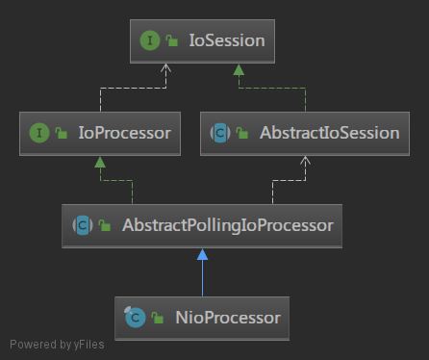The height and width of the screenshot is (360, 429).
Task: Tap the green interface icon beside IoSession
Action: pos(150,41)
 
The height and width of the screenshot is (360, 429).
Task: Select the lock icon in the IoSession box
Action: pos(170,42)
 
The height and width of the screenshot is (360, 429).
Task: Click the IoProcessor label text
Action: pos(125,133)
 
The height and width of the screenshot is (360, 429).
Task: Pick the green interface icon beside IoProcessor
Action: pos(39,133)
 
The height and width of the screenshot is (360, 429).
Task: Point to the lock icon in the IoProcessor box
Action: pos(60,134)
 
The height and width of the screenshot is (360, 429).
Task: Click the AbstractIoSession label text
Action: pos(329,133)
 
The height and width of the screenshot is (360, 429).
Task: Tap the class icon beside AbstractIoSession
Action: pos(219,133)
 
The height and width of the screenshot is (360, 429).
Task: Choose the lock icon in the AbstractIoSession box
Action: pos(240,134)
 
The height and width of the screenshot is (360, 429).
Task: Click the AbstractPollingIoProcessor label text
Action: pos(227,225)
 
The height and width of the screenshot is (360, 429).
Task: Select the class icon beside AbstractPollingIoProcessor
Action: pos(82,225)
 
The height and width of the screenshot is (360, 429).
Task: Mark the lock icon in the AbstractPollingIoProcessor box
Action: pos(103,226)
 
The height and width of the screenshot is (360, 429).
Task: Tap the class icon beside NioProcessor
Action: pos(136,317)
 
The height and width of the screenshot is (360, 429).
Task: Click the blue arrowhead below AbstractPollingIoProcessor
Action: pos(202,255)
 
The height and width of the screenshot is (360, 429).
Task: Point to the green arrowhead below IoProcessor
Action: pos(98,163)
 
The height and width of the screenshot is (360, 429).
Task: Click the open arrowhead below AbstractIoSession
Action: pos(306,162)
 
